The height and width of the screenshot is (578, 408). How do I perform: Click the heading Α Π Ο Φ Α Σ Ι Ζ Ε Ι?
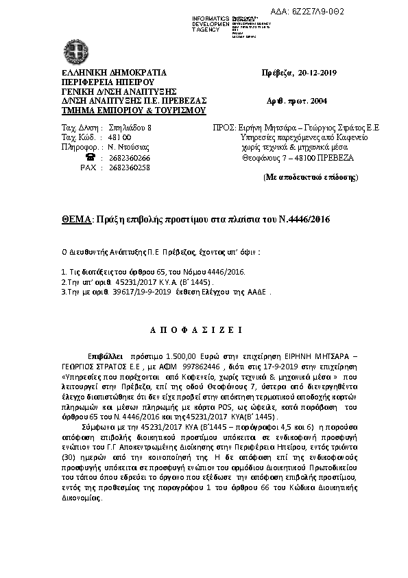point(197,330)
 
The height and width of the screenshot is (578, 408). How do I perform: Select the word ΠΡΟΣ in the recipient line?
point(219,128)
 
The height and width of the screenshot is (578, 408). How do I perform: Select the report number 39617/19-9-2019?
point(137,292)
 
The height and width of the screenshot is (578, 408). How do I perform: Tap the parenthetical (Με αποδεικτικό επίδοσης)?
point(311,176)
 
